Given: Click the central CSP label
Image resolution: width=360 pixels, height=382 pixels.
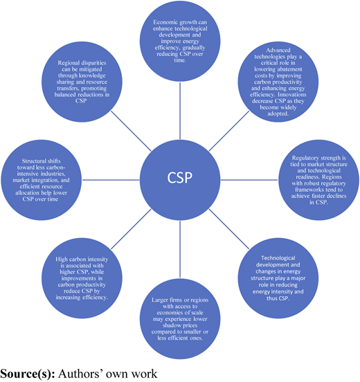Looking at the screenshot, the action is point(179,178).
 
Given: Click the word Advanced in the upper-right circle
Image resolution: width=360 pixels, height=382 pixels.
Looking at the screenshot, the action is point(278,51).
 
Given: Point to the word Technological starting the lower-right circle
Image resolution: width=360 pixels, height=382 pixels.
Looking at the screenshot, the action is point(278,258).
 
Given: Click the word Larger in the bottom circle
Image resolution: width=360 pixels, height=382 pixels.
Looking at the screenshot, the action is point(158,300).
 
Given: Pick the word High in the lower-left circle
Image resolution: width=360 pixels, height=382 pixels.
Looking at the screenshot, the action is point(60,260).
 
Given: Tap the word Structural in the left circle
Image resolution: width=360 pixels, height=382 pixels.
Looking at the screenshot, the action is point(32,161).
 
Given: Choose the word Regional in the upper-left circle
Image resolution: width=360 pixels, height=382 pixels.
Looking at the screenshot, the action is point(66,63).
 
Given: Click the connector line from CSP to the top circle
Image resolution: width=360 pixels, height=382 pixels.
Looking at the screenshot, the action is point(180,111).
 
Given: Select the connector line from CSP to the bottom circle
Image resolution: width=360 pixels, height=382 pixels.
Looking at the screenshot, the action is point(180,249).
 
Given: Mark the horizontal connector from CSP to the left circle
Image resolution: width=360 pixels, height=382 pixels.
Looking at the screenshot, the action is point(111,180).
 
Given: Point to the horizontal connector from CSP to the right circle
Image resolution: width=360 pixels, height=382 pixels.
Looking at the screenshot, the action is point(249,180).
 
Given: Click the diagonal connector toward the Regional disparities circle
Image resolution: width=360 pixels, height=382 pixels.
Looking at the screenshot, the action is point(131,131).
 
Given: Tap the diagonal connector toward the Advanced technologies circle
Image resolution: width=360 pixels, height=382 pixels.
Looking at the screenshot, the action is point(229,131).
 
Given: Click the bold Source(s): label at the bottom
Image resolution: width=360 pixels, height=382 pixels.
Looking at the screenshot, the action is point(28,374).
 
